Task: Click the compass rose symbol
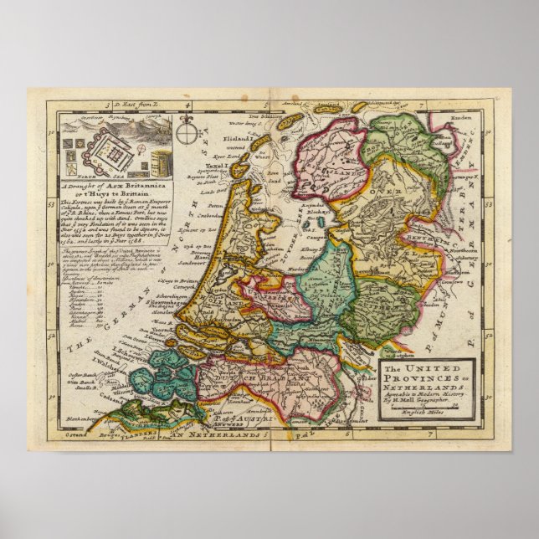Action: click(x=188, y=134)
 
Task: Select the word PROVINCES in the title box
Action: click(x=423, y=379)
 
